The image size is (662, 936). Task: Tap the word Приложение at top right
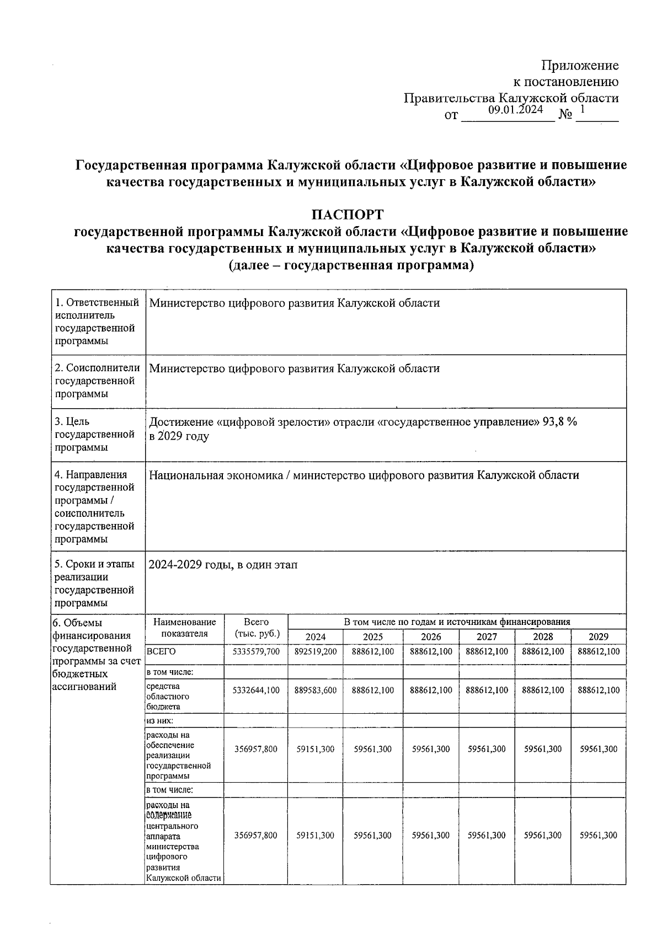(580, 66)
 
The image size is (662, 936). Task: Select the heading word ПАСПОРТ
(347, 214)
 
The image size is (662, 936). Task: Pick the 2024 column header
(316, 637)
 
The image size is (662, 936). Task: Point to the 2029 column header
(599, 637)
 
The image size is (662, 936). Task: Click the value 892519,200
(316, 651)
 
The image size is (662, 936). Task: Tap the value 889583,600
(316, 690)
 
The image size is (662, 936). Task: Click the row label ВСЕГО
(161, 651)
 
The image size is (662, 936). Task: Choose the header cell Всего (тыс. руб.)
(256, 628)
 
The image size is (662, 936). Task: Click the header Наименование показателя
(185, 628)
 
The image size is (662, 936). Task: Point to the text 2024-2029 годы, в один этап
(223, 565)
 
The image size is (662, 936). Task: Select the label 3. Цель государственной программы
(95, 435)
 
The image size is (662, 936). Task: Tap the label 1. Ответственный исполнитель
(96, 309)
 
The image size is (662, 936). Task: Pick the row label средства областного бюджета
(168, 697)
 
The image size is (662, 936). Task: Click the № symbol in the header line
(565, 115)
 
